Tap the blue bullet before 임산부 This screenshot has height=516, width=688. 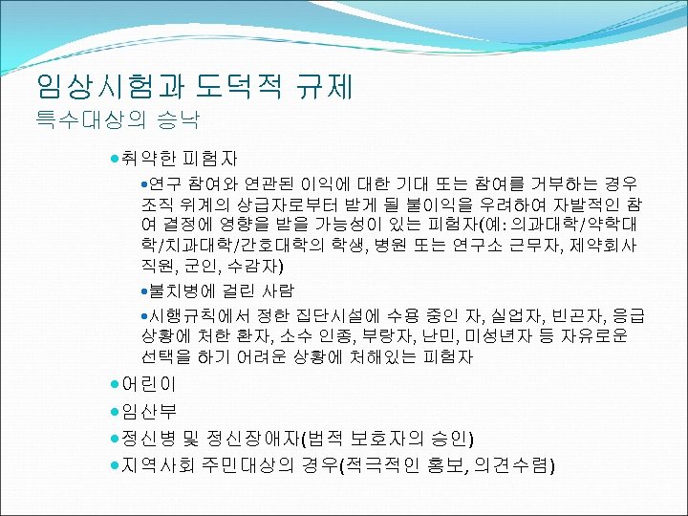click(114, 411)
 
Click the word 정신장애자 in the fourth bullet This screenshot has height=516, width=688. click(252, 439)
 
